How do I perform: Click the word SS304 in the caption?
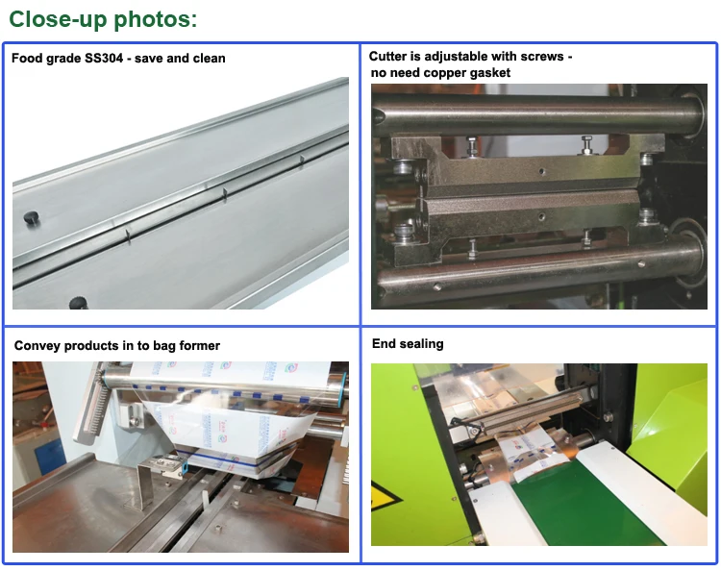(104, 59)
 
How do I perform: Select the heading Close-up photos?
(103, 19)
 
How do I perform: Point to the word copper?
(445, 73)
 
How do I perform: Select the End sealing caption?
(408, 344)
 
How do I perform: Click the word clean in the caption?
(210, 59)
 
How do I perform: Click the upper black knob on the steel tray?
(31, 217)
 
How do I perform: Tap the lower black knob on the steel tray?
(78, 303)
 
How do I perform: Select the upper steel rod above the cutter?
(538, 115)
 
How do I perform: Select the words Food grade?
(46, 59)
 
